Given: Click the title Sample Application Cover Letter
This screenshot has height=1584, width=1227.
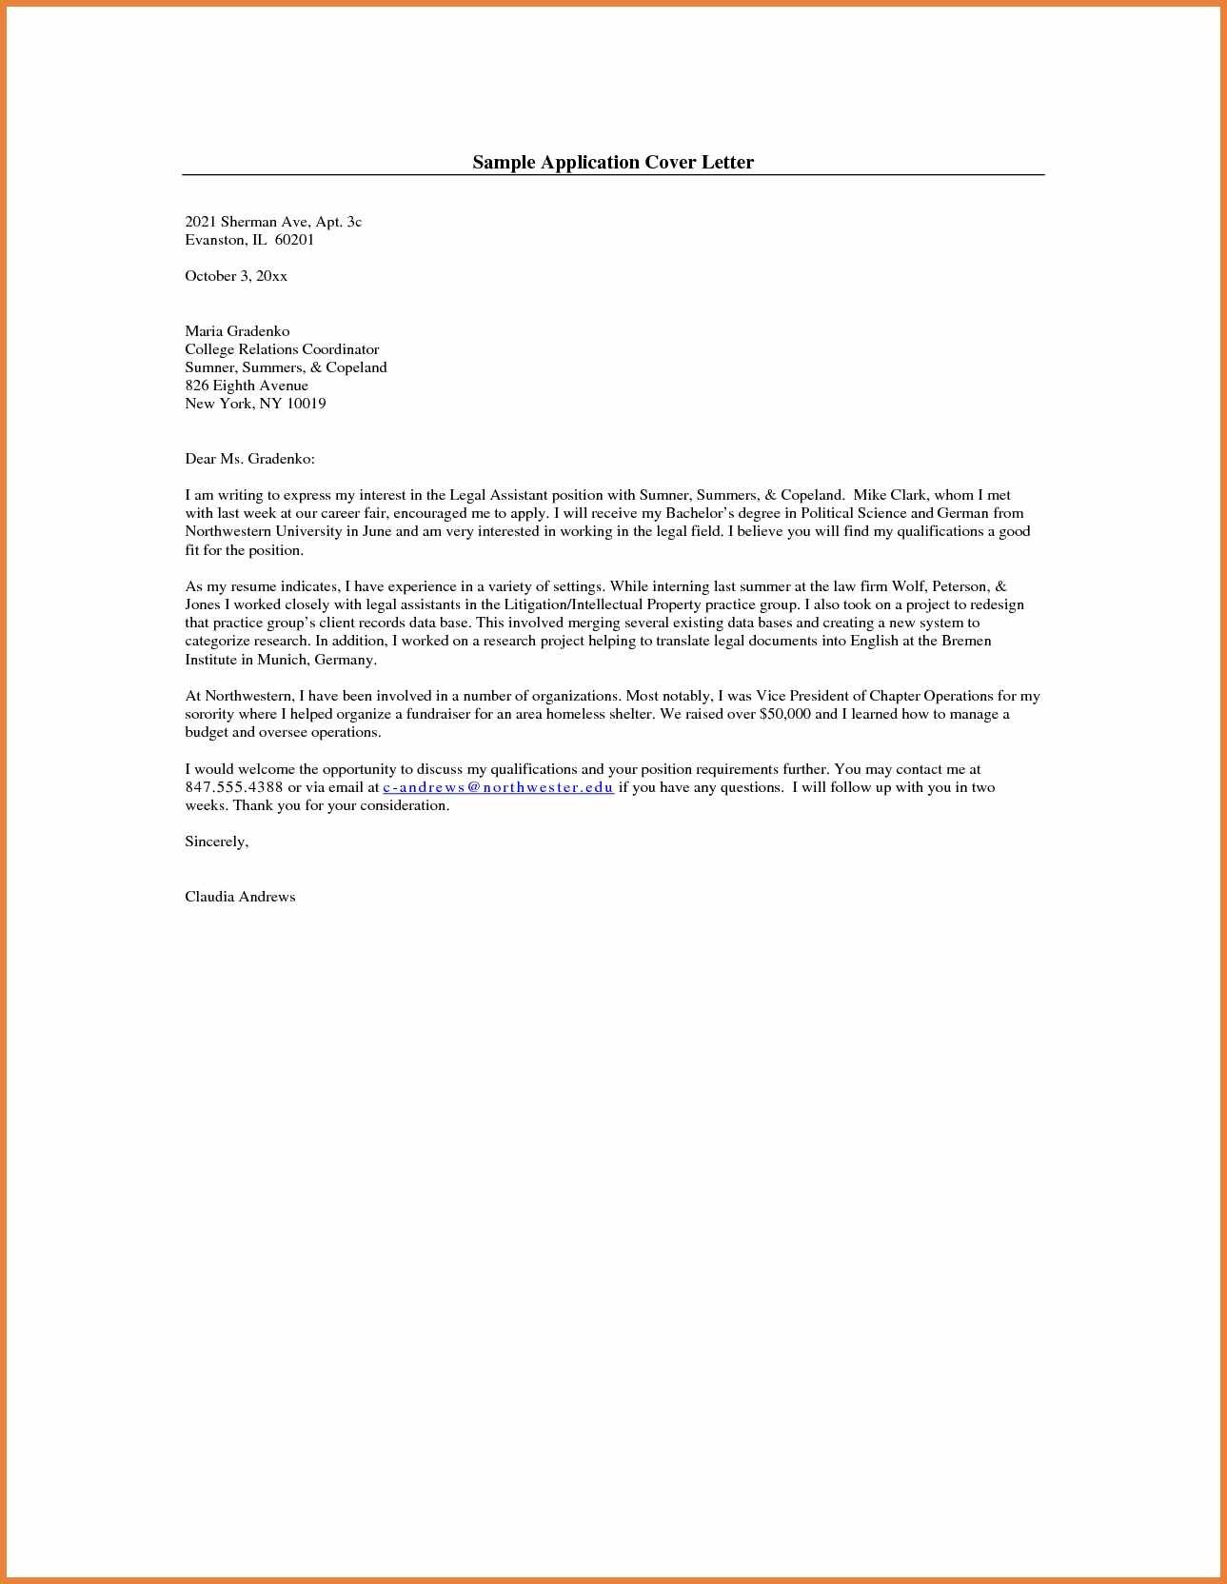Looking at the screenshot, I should [613, 162].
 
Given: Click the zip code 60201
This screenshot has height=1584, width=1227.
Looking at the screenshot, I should [294, 240].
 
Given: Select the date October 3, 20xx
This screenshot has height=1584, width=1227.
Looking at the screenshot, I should [236, 276].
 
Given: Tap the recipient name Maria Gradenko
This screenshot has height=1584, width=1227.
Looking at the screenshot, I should [237, 331].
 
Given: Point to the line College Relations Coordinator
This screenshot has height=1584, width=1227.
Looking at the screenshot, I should [282, 349].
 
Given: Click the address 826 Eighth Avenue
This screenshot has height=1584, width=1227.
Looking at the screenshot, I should [247, 386].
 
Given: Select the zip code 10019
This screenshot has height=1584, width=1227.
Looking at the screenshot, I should [307, 404].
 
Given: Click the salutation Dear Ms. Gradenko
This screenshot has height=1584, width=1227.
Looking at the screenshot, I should [249, 459].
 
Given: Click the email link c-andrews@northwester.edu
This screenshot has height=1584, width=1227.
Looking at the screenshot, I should [498, 787].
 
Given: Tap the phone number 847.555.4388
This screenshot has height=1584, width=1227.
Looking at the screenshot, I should [234, 787].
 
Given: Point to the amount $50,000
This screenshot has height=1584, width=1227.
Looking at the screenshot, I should [785, 714].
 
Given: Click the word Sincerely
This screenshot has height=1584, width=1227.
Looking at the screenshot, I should [216, 841].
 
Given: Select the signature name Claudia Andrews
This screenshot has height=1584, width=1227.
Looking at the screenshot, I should [240, 897].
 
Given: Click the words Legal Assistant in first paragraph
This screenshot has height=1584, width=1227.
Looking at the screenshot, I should [499, 495].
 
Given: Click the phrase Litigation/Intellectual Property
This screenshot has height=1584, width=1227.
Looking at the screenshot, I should [603, 604].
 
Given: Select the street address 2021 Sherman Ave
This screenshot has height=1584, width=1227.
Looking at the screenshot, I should [247, 222].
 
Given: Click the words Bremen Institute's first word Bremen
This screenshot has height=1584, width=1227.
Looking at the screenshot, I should [966, 641].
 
